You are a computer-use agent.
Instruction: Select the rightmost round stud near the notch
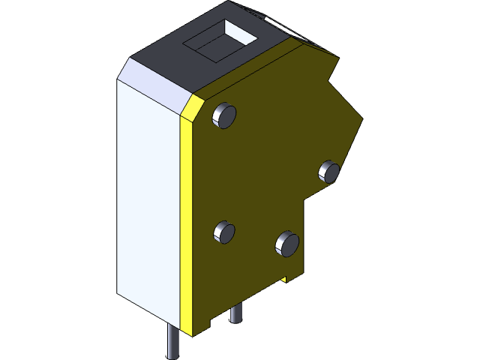[329, 171]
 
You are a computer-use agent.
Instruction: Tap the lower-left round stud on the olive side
[224, 232]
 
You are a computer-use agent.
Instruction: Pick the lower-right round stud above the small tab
[287, 242]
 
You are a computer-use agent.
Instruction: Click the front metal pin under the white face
[172, 342]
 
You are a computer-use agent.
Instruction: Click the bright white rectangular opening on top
[241, 31]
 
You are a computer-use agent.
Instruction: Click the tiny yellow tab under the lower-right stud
[285, 279]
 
